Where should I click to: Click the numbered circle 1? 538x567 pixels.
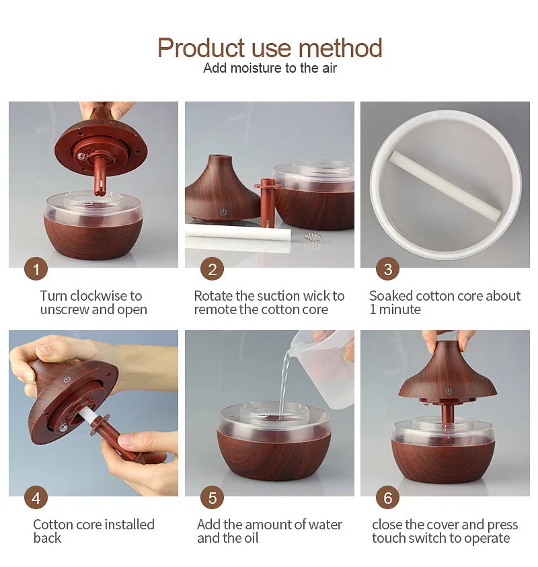click(36, 268)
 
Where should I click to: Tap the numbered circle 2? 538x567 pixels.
click(213, 268)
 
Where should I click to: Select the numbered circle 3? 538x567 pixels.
click(387, 268)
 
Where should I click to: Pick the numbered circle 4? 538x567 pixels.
click(36, 498)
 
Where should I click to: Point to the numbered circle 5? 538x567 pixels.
click(213, 498)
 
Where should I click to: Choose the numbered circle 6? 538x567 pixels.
click(387, 498)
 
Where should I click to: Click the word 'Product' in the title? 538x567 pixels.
click(201, 48)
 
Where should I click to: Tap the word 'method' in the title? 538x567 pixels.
click(340, 48)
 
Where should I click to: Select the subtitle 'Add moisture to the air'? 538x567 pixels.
click(270, 68)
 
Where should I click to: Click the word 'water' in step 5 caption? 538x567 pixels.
click(323, 525)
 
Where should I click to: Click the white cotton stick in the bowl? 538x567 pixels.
click(445, 185)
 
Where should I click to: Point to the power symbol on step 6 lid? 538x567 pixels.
click(449, 391)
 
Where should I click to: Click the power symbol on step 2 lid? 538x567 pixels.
click(223, 213)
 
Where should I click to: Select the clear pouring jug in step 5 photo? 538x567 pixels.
click(323, 369)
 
